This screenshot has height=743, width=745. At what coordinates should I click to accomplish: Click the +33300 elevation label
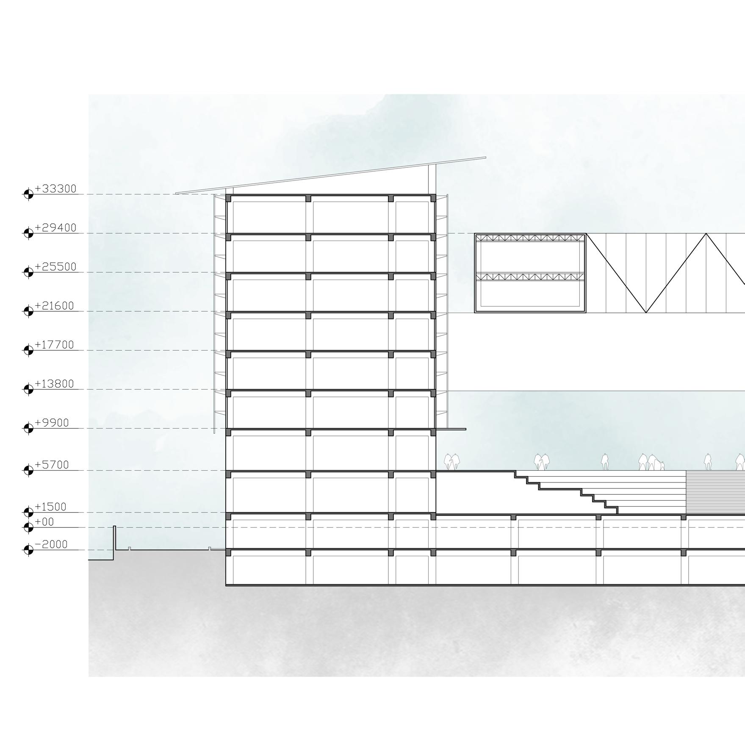tap(55, 189)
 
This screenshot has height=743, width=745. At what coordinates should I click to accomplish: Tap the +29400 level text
tap(55, 228)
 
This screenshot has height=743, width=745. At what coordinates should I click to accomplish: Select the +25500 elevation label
tap(55, 267)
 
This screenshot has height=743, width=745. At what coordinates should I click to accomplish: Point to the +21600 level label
tap(54, 306)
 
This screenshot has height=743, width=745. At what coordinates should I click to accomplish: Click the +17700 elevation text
tap(54, 345)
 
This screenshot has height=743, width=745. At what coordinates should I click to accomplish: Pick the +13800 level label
tap(54, 384)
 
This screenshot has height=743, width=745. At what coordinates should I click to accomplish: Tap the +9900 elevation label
tap(52, 423)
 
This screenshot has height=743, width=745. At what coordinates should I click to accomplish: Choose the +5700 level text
tap(52, 465)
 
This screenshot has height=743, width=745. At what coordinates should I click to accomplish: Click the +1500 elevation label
tap(50, 507)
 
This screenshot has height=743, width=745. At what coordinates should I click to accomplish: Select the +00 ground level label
tap(44, 522)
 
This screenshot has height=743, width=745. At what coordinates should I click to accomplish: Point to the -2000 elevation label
tap(51, 544)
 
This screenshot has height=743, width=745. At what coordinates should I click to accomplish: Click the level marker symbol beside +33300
tap(28, 194)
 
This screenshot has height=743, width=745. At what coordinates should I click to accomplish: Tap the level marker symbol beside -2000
tap(28, 550)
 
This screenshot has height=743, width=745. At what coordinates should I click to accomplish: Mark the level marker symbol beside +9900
tap(28, 428)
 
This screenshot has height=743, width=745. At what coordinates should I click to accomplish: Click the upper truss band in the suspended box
tap(530, 238)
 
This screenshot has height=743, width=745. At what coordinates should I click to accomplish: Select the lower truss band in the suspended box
tap(530, 277)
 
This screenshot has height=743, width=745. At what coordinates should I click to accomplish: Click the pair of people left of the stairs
tap(451, 462)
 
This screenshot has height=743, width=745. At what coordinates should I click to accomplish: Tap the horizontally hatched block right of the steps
tap(715, 492)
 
